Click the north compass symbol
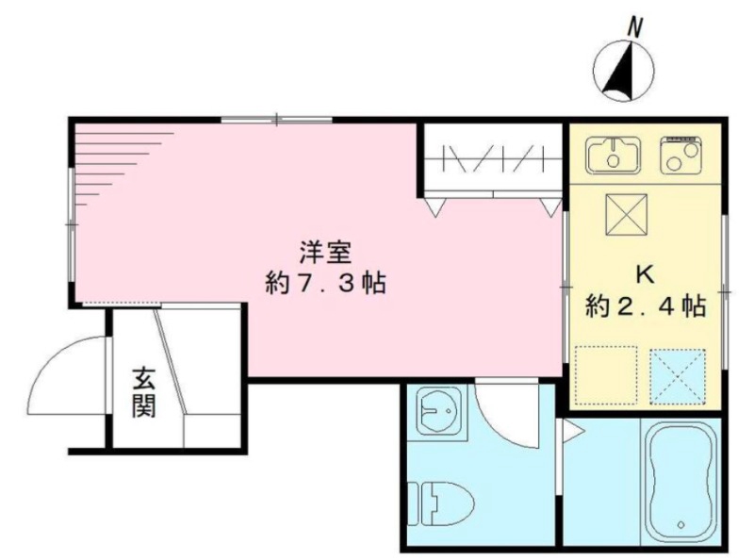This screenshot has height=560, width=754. pos(624,73)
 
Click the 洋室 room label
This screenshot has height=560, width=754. pos(325,253)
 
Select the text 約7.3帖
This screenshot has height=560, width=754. pos(325,283)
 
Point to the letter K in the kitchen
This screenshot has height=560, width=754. pos(646,274)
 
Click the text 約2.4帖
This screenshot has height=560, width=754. pos(646,305)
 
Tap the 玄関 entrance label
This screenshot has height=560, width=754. pos(143,394)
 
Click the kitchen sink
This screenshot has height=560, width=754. pos(614,156)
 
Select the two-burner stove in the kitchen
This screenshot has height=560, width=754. pos(681,156)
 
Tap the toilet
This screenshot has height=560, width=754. pos(438,502)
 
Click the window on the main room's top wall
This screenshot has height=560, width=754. pos(276,120)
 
